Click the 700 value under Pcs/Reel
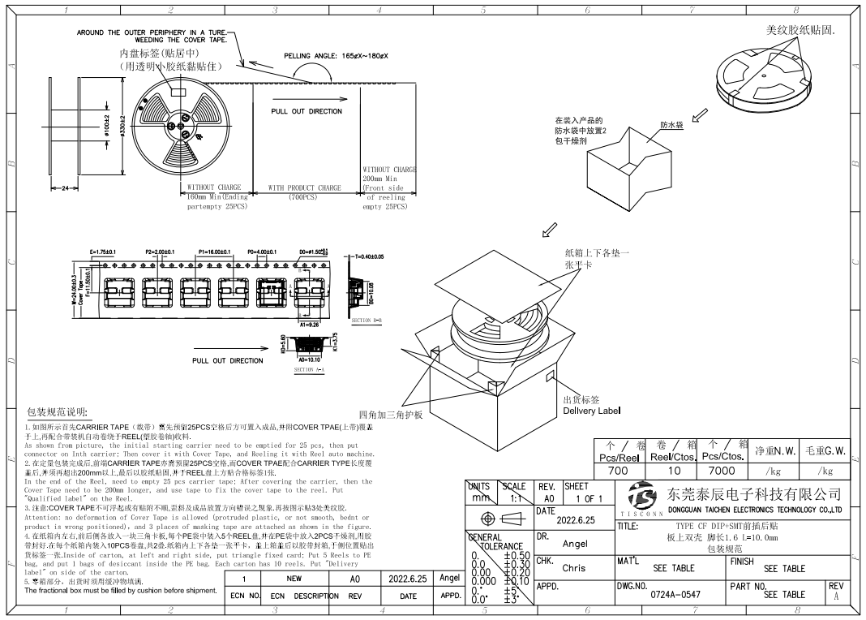coord(618,471)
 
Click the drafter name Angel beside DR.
coord(575,544)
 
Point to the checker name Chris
coord(573,568)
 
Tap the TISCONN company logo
coord(641,497)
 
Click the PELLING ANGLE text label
coord(336,55)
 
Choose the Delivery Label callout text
coord(592,411)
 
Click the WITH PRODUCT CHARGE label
coord(305,187)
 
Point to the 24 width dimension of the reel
coord(65,188)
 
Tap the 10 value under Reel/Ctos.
coord(669,471)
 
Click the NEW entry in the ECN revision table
coord(294,579)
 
